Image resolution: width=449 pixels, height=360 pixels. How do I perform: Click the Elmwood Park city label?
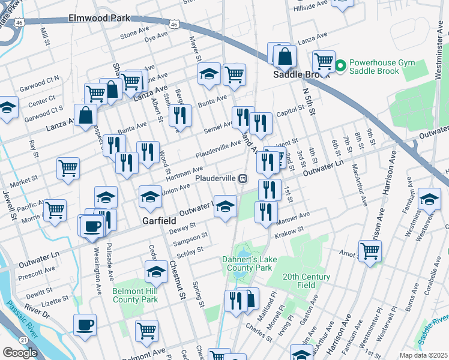pyautogui.click(x=100, y=18)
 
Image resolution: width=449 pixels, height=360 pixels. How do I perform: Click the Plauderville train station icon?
pyautogui.click(x=243, y=178)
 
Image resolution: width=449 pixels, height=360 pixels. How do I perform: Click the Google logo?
pyautogui.click(x=20, y=353)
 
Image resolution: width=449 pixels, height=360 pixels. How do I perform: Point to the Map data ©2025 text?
pyautogui.click(x=423, y=355)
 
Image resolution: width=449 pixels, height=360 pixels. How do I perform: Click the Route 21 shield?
pyautogui.click(x=22, y=340)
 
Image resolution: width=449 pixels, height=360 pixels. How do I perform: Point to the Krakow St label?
pyautogui.click(x=290, y=229)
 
